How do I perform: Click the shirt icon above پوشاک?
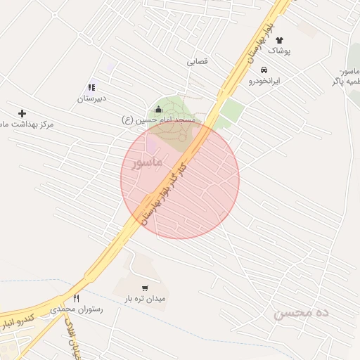tap(279, 41)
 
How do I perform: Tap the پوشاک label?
tap(279, 51)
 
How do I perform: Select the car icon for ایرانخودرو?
tap(264, 70)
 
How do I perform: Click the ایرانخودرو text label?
tap(264, 81)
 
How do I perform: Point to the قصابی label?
tap(197, 61)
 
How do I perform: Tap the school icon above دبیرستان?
tap(91, 88)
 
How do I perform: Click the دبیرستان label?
tap(91, 99)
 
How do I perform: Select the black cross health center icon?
tap(22, 113)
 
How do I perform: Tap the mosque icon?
tap(157, 109)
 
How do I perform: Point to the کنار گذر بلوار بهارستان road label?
tap(165, 192)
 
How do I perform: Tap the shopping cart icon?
tap(145, 288)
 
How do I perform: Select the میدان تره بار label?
tap(145, 299)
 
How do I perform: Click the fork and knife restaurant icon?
tap(76, 298)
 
